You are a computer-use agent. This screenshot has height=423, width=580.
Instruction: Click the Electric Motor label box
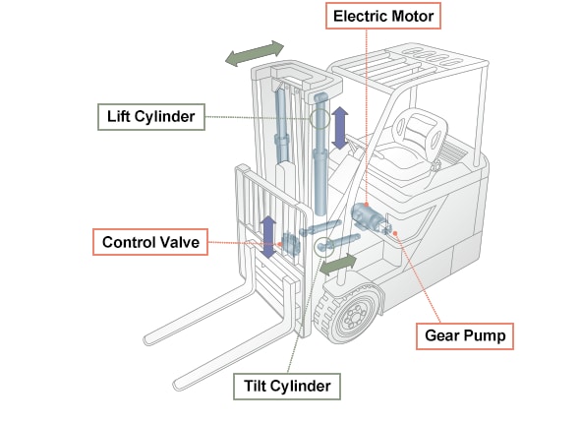[x=383, y=16]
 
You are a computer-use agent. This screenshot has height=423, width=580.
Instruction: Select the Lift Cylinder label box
[x=151, y=117]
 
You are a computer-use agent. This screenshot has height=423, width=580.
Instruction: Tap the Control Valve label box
[x=150, y=242]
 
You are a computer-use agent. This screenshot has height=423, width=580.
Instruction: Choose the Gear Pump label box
[x=465, y=336]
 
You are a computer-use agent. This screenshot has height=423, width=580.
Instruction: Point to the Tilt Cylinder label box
[x=287, y=387]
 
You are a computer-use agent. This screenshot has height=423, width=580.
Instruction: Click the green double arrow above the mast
[x=255, y=54]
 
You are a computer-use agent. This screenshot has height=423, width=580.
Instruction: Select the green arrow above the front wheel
[x=338, y=265]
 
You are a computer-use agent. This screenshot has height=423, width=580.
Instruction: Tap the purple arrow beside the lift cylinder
[x=340, y=128]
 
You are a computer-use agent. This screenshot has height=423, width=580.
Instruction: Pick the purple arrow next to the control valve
[x=267, y=237]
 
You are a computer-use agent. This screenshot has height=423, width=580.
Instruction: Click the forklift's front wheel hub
[x=354, y=316]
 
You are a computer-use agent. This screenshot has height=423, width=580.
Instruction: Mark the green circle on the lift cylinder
[x=319, y=119]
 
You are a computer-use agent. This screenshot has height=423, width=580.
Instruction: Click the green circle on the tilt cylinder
[x=324, y=247]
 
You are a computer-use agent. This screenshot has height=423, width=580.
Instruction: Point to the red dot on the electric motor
[x=367, y=205]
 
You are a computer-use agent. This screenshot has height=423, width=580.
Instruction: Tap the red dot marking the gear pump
[x=395, y=233]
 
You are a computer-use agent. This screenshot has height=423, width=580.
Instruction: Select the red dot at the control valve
[x=280, y=244]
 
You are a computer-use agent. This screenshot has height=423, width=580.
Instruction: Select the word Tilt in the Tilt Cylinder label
[x=254, y=387]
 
